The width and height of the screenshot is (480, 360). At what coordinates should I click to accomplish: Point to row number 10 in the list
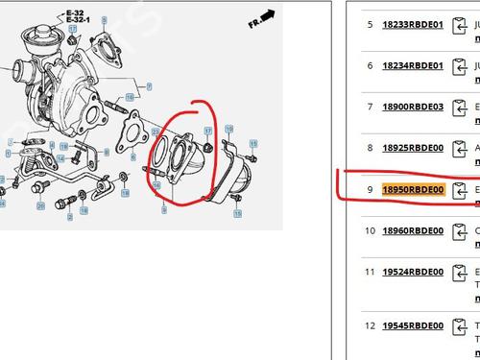pyautogui.click(x=369, y=230)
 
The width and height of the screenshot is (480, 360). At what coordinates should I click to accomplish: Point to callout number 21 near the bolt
pyautogui.click(x=40, y=205)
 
